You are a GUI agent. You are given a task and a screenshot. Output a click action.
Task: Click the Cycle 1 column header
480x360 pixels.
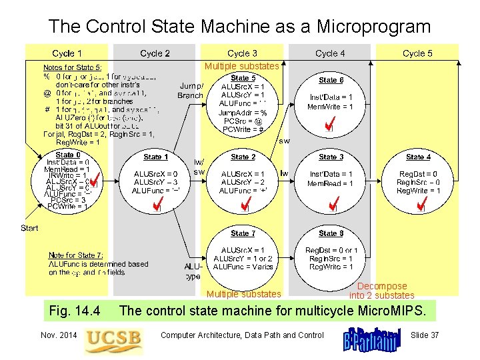click(x=67, y=53)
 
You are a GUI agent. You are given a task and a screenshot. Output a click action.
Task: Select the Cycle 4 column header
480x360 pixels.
click(x=330, y=53)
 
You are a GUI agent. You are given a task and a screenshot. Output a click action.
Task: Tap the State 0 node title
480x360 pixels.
click(x=65, y=155)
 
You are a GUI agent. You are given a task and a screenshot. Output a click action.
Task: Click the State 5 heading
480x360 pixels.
click(x=243, y=78)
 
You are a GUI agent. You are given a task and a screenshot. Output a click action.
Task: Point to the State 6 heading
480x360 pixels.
click(x=331, y=80)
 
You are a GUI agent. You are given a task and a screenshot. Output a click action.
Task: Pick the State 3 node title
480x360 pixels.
click(x=331, y=157)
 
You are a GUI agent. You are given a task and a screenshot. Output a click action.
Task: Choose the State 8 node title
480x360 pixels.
click(x=331, y=233)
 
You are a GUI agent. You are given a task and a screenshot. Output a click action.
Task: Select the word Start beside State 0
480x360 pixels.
click(x=29, y=228)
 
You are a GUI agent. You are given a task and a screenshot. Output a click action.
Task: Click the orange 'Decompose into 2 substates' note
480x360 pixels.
click(x=381, y=291)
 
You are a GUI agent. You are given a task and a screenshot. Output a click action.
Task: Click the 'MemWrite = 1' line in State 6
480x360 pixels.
click(x=331, y=107)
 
